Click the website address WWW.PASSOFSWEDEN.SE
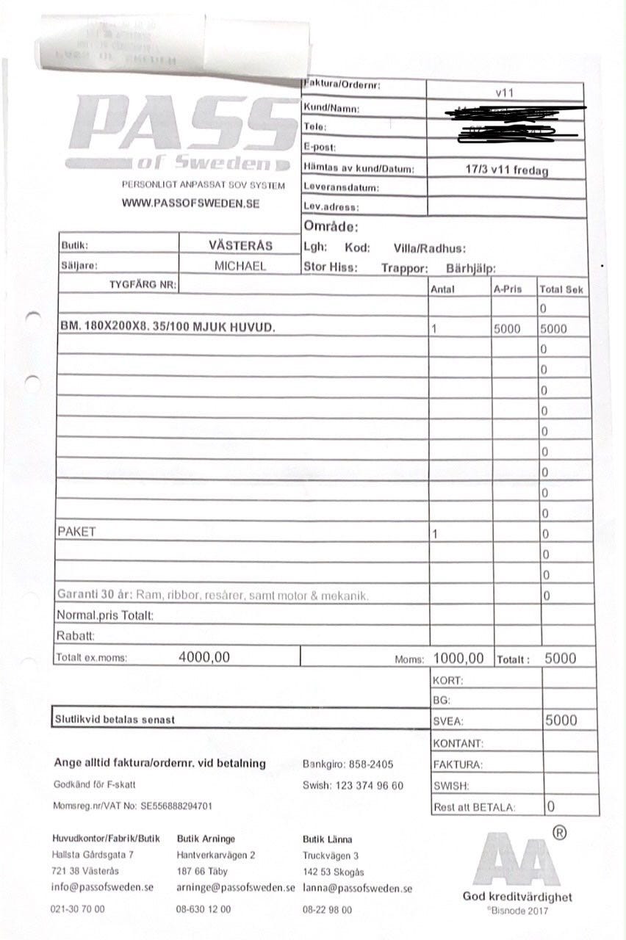click(x=190, y=203)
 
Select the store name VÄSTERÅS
click(x=240, y=246)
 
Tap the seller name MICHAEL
click(x=240, y=266)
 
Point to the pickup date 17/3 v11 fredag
click(x=506, y=169)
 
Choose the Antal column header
click(x=442, y=289)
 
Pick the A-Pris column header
click(x=507, y=289)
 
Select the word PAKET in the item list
click(x=76, y=532)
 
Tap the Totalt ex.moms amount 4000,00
click(x=204, y=658)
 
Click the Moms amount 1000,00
click(x=458, y=658)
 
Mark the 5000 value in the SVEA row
click(x=561, y=720)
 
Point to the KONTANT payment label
click(x=458, y=744)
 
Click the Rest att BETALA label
click(x=475, y=807)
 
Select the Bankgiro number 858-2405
click(x=367, y=764)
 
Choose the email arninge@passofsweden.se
click(x=235, y=887)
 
